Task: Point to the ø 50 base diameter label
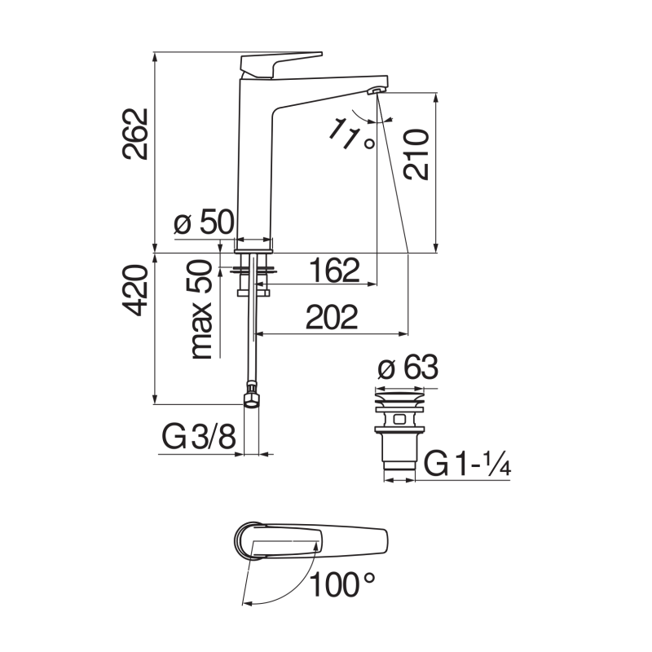(204, 222)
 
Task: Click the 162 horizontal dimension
(333, 270)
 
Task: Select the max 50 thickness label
(201, 310)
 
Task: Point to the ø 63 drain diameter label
(408, 368)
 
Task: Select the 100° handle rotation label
(343, 584)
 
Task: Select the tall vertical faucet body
(254, 163)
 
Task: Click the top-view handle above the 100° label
(310, 540)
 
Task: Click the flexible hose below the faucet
(253, 342)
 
